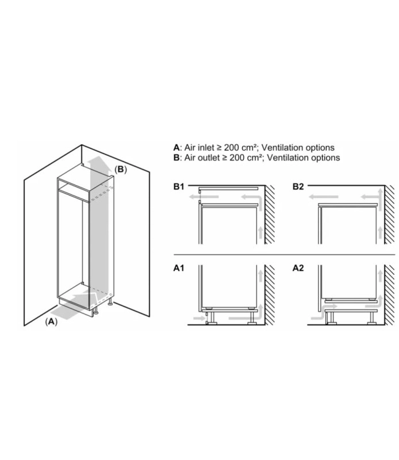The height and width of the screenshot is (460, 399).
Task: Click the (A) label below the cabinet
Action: pyautogui.click(x=51, y=321)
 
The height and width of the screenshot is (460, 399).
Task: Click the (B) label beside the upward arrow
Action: pyautogui.click(x=121, y=170)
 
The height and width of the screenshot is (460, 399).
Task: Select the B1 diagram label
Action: pyautogui.click(x=178, y=186)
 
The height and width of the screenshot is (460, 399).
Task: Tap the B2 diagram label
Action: pyautogui.click(x=298, y=186)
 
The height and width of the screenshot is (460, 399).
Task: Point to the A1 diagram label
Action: pyautogui.click(x=179, y=268)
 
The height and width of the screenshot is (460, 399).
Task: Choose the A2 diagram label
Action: pyautogui.click(x=298, y=268)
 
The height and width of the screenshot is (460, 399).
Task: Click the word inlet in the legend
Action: pyautogui.click(x=206, y=148)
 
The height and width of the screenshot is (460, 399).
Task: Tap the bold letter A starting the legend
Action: pyautogui.click(x=176, y=148)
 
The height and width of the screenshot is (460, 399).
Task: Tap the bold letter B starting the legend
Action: pyautogui.click(x=176, y=158)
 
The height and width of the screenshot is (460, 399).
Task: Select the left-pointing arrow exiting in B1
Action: pyautogui.click(x=204, y=197)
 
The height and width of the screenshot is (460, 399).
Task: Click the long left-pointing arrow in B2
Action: pyautogui.click(x=324, y=197)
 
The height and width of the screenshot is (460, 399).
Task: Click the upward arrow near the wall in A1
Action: pyautogui.click(x=260, y=277)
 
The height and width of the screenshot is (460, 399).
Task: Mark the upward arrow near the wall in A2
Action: pyautogui.click(x=380, y=277)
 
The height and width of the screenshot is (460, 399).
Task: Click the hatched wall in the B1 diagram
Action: pyautogui.click(x=270, y=214)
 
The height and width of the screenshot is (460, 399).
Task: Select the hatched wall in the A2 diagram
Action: pyautogui.click(x=390, y=295)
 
